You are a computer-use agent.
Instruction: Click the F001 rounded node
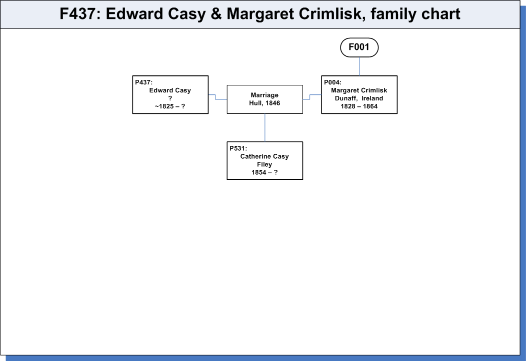[x=359, y=47]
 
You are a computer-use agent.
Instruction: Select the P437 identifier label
[x=143, y=82]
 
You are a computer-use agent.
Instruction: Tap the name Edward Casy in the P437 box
[x=170, y=90]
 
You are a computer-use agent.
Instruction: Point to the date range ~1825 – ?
[x=170, y=106]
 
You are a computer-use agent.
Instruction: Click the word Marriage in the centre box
[x=264, y=95]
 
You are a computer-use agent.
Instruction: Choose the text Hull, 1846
[x=264, y=103]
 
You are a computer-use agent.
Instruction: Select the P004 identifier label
[x=332, y=82]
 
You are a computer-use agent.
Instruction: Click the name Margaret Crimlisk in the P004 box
[x=359, y=90]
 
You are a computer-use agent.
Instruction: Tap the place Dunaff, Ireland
[x=359, y=98]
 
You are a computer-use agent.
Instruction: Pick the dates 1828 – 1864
[x=359, y=106]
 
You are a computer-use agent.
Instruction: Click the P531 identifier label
[x=238, y=148]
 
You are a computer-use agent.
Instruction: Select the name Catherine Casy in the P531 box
[x=264, y=156]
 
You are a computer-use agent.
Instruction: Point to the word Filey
[x=264, y=164]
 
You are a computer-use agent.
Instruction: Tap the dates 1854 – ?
[x=264, y=172]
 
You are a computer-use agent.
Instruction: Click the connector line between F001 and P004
[x=359, y=66]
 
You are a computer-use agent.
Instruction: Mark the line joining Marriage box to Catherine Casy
[x=264, y=128]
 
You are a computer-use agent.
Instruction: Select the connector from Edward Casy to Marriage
[x=215, y=97]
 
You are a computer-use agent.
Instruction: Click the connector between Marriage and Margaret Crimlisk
[x=310, y=97]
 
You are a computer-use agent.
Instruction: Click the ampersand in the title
[x=216, y=14]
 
